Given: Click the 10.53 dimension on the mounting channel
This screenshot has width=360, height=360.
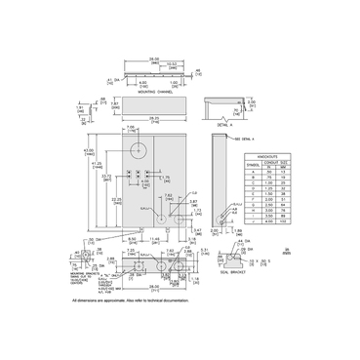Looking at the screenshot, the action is [174, 63].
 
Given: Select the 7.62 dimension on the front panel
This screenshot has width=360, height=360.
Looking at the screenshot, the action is [166, 194].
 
